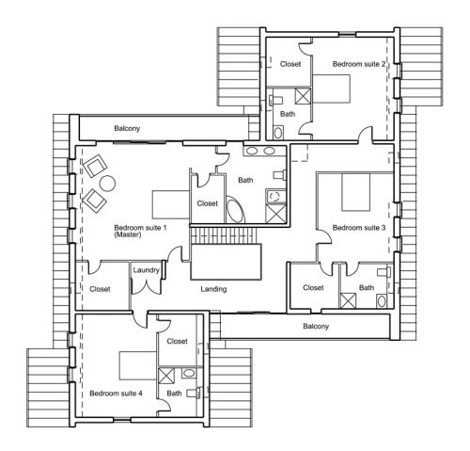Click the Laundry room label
pyautogui.click(x=146, y=270)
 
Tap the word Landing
pyautogui.click(x=213, y=289)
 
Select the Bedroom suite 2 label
pyautogui.click(x=359, y=64)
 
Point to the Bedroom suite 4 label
pyautogui.click(x=116, y=394)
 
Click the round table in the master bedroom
pyautogui.click(x=107, y=184)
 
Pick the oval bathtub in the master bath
pyautogui.click(x=235, y=210)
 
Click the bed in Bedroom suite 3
pyautogui.click(x=356, y=192)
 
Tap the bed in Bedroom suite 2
pyautogui.click(x=331, y=89)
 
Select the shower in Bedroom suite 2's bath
pyautogui.click(x=304, y=95)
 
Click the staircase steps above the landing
pyautogui.click(x=224, y=235)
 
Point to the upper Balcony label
pyautogui.click(x=127, y=128)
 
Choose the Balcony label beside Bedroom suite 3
pyautogui.click(x=316, y=327)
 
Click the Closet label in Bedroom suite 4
pyautogui.click(x=177, y=341)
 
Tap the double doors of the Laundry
pyautogui.click(x=146, y=286)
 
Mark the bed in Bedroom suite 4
pyautogui.click(x=138, y=365)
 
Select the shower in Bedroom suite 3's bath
pyautogui.click(x=348, y=300)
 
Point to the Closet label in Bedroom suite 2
pyautogui.click(x=290, y=64)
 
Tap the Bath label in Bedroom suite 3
pyautogui.click(x=367, y=287)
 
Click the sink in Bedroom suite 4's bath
pyautogui.click(x=189, y=373)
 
